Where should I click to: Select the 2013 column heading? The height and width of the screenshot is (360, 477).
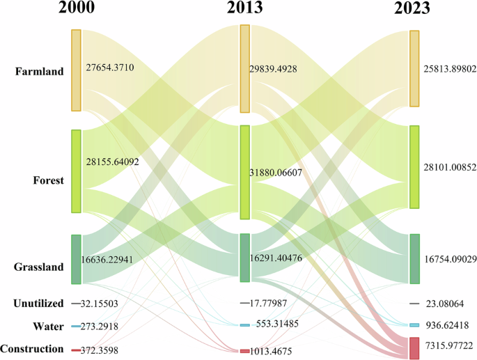tap(245, 10)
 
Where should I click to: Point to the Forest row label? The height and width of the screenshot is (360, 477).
tap(48, 180)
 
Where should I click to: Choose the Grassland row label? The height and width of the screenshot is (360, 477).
tap(39, 267)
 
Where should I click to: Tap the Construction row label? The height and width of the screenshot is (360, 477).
tap(32, 348)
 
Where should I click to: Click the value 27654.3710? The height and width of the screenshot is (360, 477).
tap(119, 68)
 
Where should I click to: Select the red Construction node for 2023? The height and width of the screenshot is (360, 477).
tap(414, 347)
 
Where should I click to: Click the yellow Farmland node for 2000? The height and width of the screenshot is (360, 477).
tap(76, 70)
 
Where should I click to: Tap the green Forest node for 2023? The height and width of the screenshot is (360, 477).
tap(414, 167)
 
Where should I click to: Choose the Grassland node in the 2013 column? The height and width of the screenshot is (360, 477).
tap(245, 258)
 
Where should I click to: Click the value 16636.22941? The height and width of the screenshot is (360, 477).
tap(117, 260)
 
